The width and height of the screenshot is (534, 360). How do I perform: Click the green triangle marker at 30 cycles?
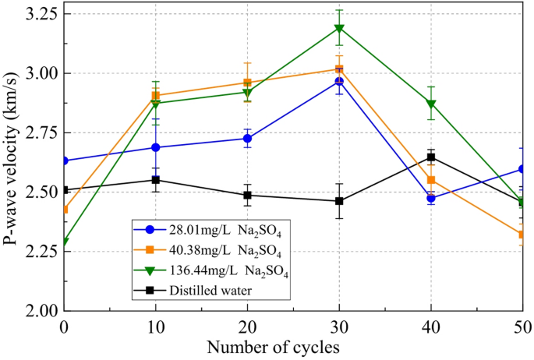point(339,29)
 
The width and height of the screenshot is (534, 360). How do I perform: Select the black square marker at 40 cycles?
point(430,157)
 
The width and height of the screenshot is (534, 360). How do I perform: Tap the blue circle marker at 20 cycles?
point(247,139)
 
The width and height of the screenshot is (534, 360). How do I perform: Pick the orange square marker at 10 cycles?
point(156,96)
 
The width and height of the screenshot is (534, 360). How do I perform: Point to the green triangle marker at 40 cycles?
point(430,104)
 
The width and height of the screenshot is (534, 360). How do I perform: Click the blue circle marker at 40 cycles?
point(430,198)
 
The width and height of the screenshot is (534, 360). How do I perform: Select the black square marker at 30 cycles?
point(339,201)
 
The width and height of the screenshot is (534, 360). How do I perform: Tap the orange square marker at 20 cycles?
point(247,83)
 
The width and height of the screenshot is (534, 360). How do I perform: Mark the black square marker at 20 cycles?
point(247,195)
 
